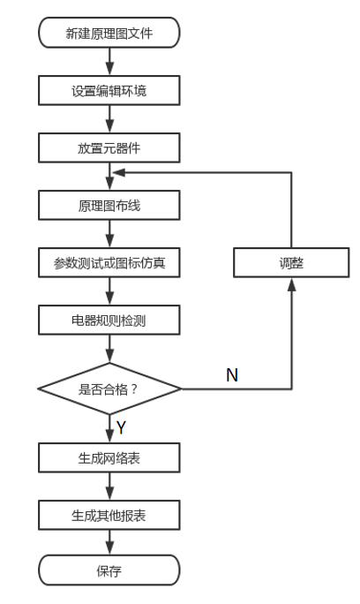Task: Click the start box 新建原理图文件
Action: (109, 34)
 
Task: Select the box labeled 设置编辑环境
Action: (109, 90)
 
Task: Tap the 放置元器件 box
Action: (109, 147)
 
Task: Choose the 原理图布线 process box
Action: (109, 206)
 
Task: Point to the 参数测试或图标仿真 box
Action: (109, 263)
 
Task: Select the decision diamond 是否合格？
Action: (109, 389)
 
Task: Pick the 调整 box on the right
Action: (290, 263)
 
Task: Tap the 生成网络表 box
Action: (109, 457)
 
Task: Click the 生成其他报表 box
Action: (109, 515)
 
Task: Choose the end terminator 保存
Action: (109, 570)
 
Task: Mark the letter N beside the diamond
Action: (232, 375)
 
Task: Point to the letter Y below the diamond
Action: (121, 428)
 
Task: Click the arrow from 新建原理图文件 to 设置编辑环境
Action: (109, 62)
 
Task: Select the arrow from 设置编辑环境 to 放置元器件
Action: (109, 119)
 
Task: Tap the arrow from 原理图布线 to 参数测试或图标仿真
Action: (109, 234)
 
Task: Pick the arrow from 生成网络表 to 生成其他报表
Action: (109, 486)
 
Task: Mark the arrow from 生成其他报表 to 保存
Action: (109, 542)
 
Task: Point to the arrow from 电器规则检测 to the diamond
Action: (109, 350)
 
